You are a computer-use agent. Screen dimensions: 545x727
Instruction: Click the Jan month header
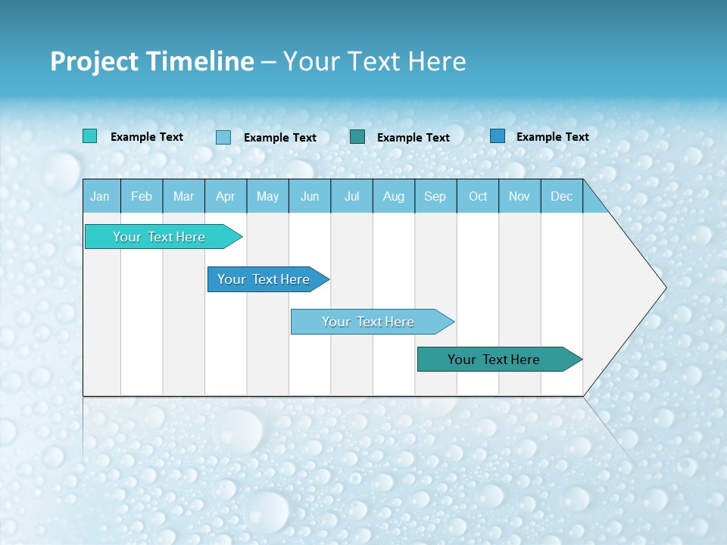coord(100,196)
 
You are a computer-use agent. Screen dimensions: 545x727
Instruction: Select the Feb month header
coord(142,196)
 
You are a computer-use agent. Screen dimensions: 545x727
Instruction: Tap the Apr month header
coord(225,196)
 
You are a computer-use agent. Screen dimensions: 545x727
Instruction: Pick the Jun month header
coord(310,196)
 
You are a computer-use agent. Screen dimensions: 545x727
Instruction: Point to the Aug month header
coord(393,196)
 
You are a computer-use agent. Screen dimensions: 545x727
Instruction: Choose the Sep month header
coord(435,196)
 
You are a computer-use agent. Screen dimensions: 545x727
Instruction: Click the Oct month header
coord(478,196)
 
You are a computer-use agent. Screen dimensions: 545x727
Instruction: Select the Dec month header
coord(561,196)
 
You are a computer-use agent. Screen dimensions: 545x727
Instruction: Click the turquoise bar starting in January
coord(159,237)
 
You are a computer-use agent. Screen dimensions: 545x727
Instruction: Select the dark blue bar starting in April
coord(264,279)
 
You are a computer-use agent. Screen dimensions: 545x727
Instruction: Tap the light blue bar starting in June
coord(368,322)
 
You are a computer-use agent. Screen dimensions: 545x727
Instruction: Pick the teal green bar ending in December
coord(494,360)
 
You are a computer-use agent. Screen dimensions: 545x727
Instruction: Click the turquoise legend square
coord(89,136)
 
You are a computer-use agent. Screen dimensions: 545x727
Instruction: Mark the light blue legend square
coord(223,137)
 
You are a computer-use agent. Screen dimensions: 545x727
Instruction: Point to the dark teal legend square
coord(357,137)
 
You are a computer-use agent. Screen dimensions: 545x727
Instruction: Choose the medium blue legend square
coord(497,136)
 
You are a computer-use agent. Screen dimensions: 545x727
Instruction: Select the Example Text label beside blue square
coord(552,136)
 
